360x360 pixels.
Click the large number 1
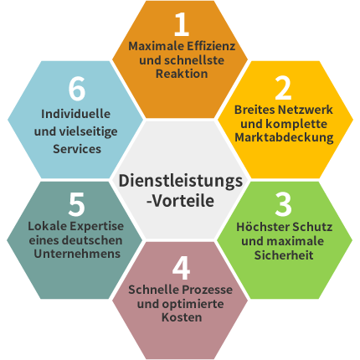tap(182, 24)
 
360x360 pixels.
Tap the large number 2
tap(283, 88)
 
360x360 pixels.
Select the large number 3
tap(283, 204)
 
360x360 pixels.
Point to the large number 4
tap(182, 268)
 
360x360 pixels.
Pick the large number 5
tap(76, 204)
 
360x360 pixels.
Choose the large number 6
tap(77, 89)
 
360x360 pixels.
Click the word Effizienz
tap(211, 46)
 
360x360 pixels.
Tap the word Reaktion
tap(182, 74)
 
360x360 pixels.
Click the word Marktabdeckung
tap(284, 137)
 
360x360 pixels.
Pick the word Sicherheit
tap(284, 255)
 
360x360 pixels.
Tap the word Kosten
tap(182, 317)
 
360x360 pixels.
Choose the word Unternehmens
tap(77, 254)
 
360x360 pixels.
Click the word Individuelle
tap(75, 114)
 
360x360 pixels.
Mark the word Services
tap(77, 149)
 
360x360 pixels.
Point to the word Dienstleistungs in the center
tap(181, 182)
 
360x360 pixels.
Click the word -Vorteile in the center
tap(180, 200)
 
